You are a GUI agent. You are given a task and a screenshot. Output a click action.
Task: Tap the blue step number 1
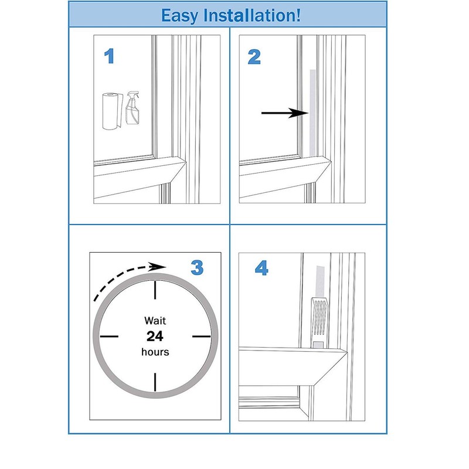[109, 57]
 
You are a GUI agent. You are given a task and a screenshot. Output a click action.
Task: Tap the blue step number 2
[254, 57]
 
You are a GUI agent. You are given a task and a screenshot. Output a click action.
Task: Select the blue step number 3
[198, 268]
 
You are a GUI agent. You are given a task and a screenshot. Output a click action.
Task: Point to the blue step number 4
[261, 269]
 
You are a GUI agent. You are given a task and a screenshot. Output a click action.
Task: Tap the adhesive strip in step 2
[312, 111]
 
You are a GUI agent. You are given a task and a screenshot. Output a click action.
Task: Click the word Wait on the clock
[155, 321]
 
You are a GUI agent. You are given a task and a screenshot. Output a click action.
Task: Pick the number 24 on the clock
[155, 336]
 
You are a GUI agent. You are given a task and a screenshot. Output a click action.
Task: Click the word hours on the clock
[155, 352]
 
